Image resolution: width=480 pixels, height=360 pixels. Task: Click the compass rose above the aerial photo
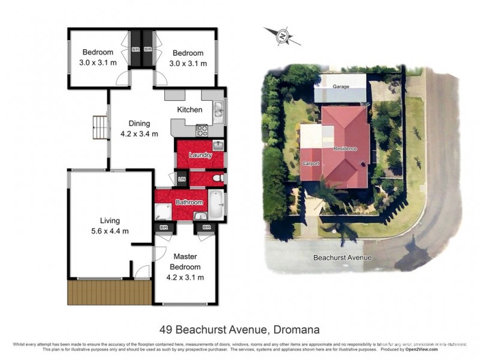click(282, 37)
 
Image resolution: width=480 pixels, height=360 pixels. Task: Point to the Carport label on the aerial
click(311, 163)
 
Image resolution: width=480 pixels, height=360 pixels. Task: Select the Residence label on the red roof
click(345, 148)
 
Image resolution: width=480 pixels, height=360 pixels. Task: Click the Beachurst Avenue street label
click(343, 257)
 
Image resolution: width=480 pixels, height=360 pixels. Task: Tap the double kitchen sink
click(218, 110)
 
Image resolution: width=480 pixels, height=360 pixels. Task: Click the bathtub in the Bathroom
click(217, 203)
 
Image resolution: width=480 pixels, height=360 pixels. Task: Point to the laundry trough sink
click(218, 145)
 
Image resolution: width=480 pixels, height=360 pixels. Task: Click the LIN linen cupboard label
click(182, 179)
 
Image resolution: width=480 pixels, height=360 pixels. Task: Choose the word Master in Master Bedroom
click(185, 257)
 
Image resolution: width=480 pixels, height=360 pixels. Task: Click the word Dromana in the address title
click(296, 329)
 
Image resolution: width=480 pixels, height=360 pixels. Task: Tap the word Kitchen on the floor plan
click(189, 110)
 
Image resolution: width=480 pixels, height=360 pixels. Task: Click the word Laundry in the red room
click(200, 155)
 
